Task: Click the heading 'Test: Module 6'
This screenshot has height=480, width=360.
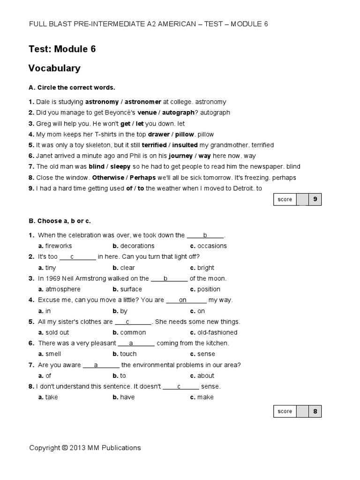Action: tap(62, 49)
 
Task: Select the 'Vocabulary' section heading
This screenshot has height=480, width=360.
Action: tap(54, 68)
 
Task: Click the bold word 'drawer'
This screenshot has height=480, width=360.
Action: tap(159, 134)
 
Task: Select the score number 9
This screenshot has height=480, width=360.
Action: tap(315, 199)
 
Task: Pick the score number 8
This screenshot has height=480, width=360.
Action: tap(315, 411)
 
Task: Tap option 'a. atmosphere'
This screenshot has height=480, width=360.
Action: tap(60, 289)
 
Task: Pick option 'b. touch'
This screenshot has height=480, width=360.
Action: tap(125, 354)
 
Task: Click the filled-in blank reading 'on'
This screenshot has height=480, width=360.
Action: tap(183, 300)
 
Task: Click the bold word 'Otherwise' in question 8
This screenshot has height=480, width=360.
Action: tap(108, 178)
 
